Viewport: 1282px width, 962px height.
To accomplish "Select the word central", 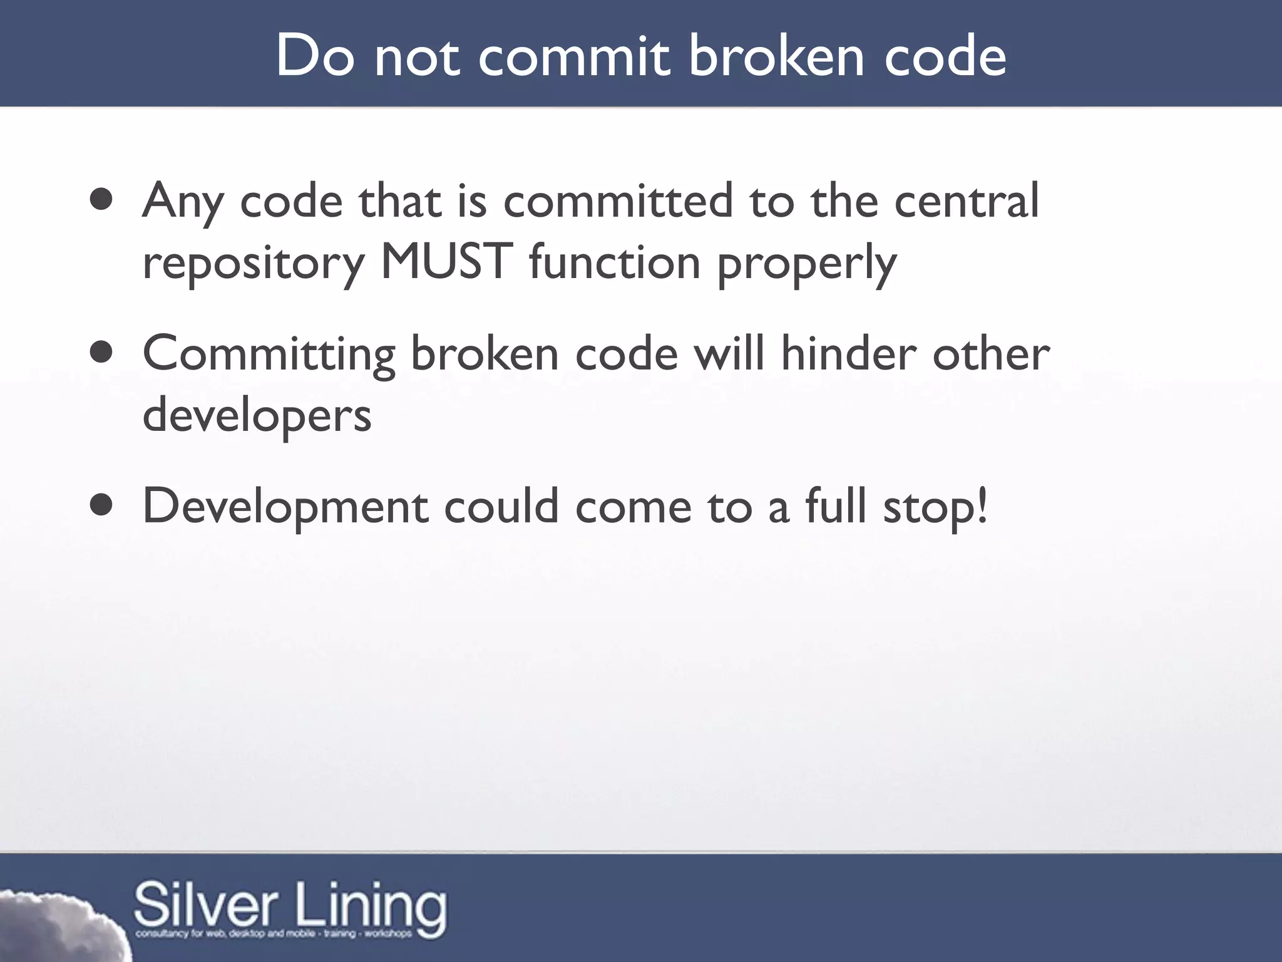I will coord(967,200).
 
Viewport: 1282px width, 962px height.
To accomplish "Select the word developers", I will coord(257,416).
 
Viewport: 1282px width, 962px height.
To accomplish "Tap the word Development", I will coord(285,507).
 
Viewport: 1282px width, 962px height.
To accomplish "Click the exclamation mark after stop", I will coord(982,506).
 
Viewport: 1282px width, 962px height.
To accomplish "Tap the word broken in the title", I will coord(777,56).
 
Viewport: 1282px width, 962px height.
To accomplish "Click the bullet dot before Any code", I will coord(101,200).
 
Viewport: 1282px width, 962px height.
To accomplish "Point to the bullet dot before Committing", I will coord(101,353).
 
